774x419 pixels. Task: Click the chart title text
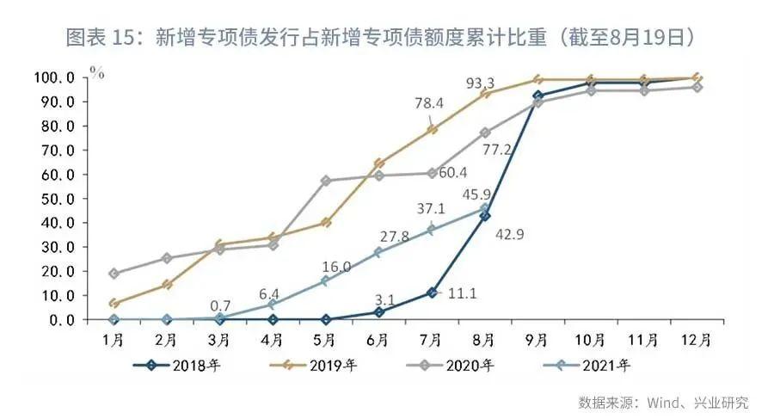(387, 37)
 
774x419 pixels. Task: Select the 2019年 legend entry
(317, 365)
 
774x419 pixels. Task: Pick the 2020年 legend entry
(455, 365)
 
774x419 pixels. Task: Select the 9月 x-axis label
(537, 339)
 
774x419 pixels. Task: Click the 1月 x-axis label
(114, 339)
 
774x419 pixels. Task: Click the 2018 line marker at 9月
(537, 96)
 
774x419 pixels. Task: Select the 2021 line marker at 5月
(325, 280)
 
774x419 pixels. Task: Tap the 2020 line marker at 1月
(114, 274)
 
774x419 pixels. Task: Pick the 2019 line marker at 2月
(167, 284)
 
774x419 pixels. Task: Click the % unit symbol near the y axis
(97, 72)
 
